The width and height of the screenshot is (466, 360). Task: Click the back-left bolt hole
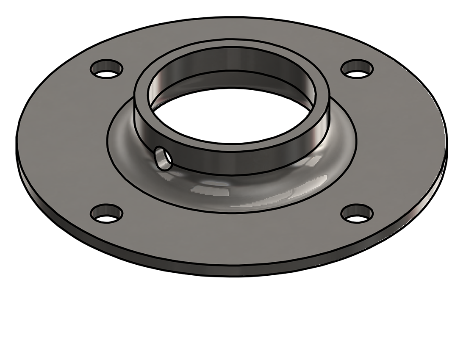point(106,69)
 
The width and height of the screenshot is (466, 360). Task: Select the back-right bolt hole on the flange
point(357,69)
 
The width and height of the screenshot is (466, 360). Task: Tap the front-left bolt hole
point(107,213)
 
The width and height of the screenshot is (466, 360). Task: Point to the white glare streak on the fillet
point(212,191)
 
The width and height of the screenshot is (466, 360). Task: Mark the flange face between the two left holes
point(64,140)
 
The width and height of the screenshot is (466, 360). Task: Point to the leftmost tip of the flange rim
point(17,140)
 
